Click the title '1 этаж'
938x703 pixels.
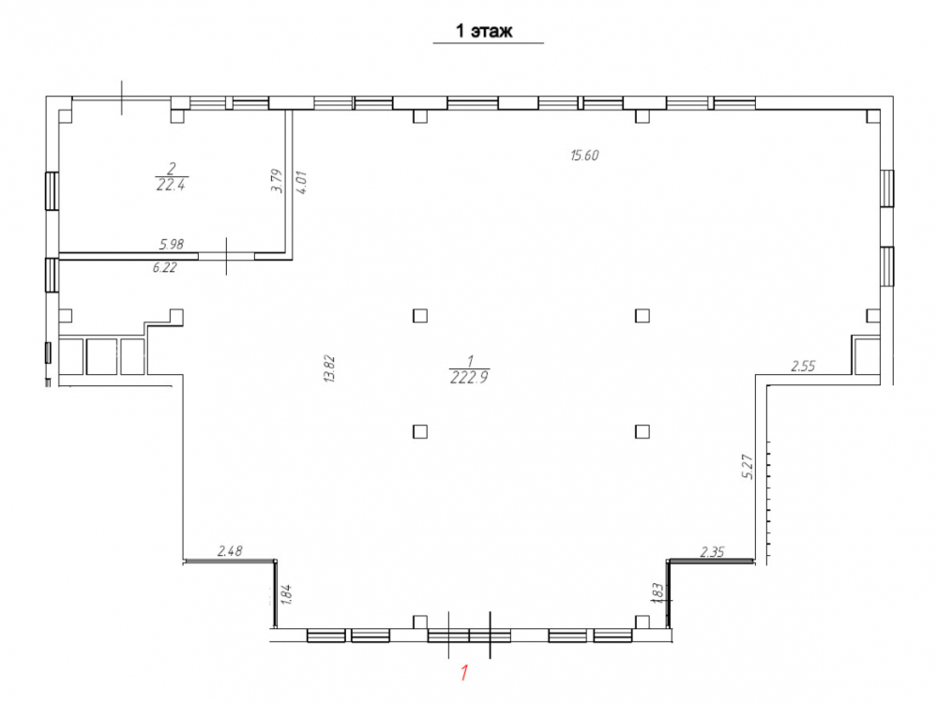point(484,31)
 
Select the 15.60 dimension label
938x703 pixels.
point(584,156)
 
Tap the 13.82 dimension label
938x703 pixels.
point(329,368)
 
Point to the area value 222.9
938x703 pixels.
point(470,378)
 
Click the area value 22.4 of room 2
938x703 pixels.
point(171,186)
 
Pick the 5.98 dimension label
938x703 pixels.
point(172,244)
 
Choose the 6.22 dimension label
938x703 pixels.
point(164,267)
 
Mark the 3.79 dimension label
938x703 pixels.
point(277,180)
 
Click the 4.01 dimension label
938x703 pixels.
point(301,183)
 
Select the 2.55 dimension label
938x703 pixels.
point(803,366)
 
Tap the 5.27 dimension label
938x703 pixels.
point(748,466)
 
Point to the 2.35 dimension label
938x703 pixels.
point(712,552)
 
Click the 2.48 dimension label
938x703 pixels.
point(230,550)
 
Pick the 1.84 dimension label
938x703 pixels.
point(286,595)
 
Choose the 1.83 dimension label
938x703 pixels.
point(658,593)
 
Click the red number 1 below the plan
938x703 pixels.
point(464,673)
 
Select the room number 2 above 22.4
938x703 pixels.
point(172,169)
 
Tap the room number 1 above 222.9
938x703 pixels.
point(470,361)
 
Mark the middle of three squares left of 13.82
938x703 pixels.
point(101,357)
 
